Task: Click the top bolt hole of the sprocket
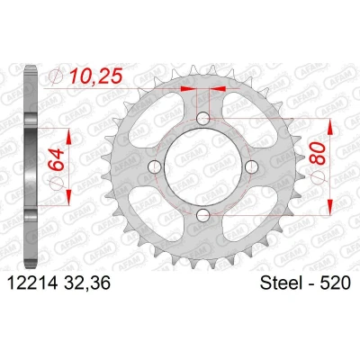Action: pos(203,118)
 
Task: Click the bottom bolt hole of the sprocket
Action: pos(203,214)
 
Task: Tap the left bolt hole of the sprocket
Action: pos(155,166)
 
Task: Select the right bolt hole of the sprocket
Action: pos(251,166)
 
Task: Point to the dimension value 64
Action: pos(57,159)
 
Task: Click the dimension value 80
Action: pos(318,153)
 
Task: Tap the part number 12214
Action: pos(32,283)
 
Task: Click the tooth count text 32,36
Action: pos(87,283)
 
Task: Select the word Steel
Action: pos(282,283)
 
